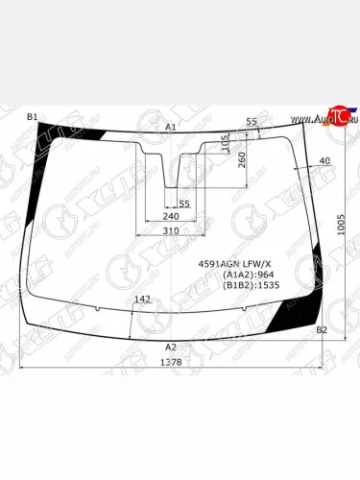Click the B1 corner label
pyautogui.click(x=32, y=117)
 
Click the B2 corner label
pyautogui.click(x=323, y=329)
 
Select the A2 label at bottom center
pyautogui.click(x=171, y=347)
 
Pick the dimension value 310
pyautogui.click(x=171, y=231)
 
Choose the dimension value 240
pyautogui.click(x=172, y=217)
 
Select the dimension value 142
pyautogui.click(x=142, y=300)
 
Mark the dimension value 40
pyautogui.click(x=324, y=160)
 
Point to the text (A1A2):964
pyautogui.click(x=249, y=275)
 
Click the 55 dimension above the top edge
pyautogui.click(x=252, y=121)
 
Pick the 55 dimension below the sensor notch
pyautogui.click(x=184, y=204)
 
